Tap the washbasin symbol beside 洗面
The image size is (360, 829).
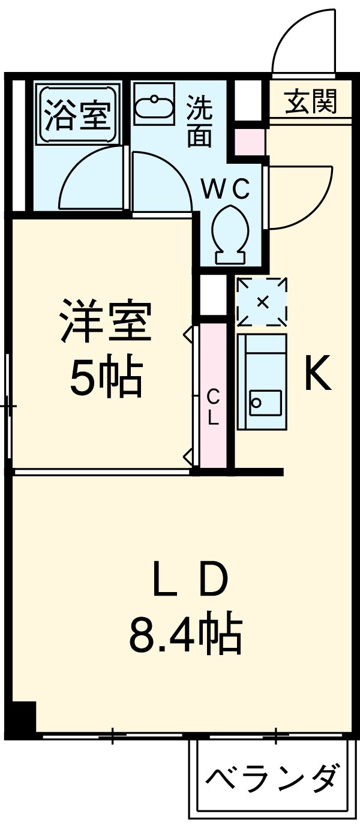click(x=152, y=107)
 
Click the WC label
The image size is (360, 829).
click(x=224, y=190)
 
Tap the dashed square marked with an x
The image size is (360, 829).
click(x=262, y=302)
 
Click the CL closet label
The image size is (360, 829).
click(x=214, y=407)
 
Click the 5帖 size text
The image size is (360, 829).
click(x=106, y=378)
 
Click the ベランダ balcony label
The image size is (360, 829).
click(x=270, y=779)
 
